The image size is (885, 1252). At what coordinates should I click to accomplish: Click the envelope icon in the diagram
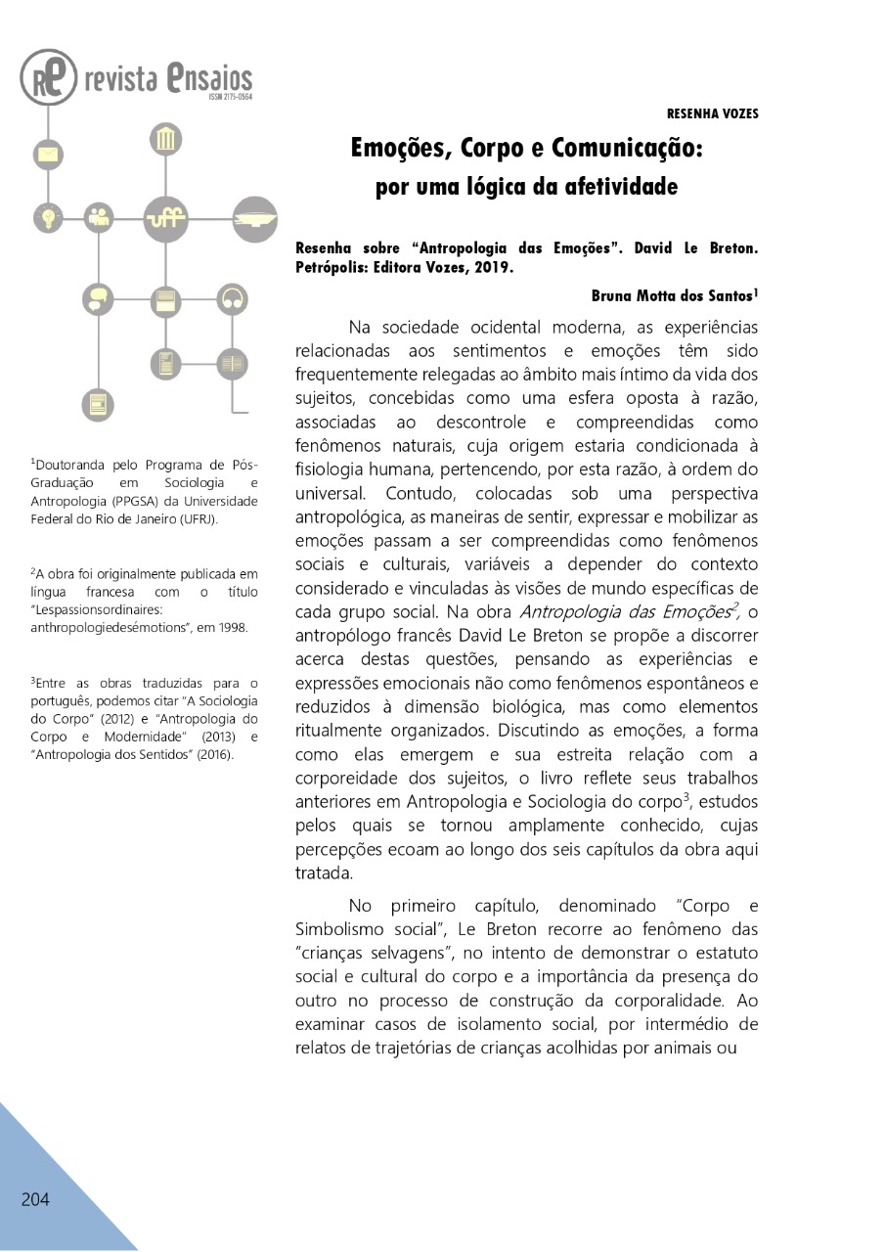tap(48, 155)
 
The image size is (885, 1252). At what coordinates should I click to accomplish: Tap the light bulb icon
tap(47, 216)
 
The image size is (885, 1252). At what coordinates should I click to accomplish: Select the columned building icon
tap(165, 139)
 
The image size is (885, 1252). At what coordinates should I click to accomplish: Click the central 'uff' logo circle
tap(165, 218)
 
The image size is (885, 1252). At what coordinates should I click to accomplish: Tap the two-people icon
tap(99, 216)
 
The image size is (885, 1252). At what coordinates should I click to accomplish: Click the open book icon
tap(232, 363)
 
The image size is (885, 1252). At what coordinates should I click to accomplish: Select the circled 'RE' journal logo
tap(48, 77)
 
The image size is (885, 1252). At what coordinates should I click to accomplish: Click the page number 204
tap(35, 1199)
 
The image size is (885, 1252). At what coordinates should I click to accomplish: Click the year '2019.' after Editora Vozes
tap(486, 266)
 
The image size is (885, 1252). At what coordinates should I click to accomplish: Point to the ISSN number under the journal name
tap(230, 97)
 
